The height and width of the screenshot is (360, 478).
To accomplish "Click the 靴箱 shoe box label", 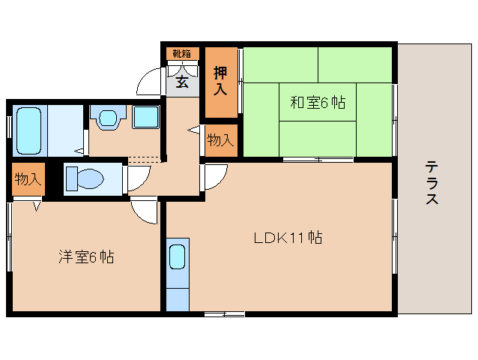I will click(181, 54).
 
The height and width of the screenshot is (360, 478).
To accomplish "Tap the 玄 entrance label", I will click(182, 82).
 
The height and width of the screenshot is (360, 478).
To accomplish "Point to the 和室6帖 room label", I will click(318, 103).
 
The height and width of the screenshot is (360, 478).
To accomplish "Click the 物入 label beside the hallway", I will click(219, 140).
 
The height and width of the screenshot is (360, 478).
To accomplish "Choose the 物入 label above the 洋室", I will click(27, 179).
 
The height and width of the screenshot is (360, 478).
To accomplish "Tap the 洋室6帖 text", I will click(86, 257).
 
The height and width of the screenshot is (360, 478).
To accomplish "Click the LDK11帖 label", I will click(287, 238).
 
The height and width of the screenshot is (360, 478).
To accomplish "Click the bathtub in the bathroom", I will click(29, 130).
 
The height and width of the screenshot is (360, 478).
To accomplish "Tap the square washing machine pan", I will click(145, 118).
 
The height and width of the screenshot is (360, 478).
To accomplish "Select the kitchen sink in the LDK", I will click(177, 257).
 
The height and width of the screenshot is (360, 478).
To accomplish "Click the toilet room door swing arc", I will click(137, 178).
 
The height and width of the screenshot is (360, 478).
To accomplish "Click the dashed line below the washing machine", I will click(144, 159).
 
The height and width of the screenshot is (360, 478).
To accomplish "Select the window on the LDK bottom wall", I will click(224, 313).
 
